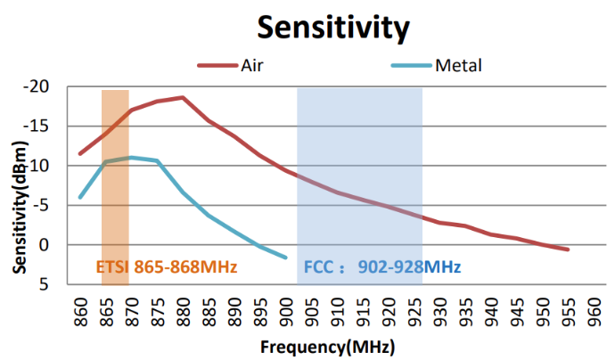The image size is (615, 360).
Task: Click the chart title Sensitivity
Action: click(332, 27)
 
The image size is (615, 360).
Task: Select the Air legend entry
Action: click(251, 65)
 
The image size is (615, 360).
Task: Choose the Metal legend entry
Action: click(458, 65)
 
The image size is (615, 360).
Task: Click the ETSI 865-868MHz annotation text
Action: click(166, 266)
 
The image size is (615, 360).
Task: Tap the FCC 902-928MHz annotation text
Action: click(382, 266)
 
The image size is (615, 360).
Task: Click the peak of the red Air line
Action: click(183, 98)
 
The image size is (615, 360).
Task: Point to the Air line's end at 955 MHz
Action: click(568, 250)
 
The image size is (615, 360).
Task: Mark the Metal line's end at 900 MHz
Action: click(286, 258)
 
